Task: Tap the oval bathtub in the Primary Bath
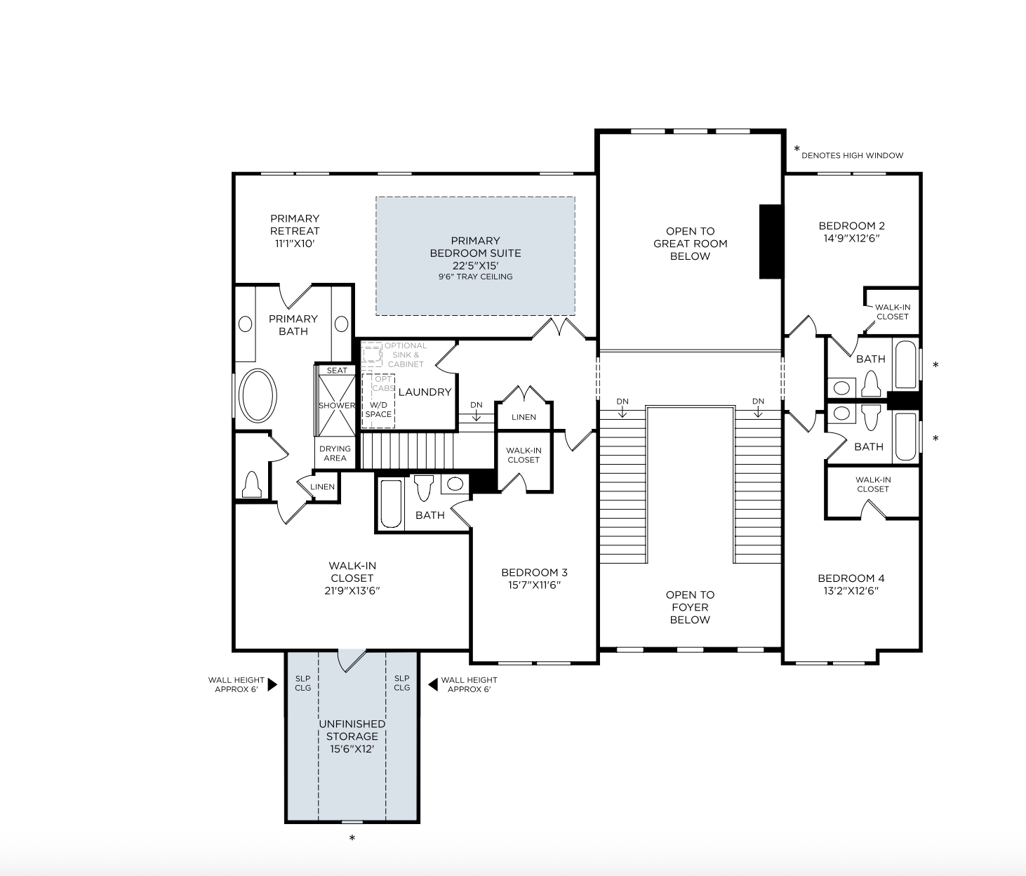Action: (258, 396)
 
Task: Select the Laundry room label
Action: (425, 392)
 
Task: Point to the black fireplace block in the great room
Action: (771, 241)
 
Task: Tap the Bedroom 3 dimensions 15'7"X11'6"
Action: (534, 585)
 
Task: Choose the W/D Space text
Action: (378, 410)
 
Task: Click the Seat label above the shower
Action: (337, 371)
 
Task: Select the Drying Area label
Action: (335, 453)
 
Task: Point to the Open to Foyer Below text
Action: (690, 607)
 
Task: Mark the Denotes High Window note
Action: (852, 155)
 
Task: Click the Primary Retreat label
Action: (295, 231)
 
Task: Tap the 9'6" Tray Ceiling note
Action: (476, 277)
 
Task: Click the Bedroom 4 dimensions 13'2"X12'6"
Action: (851, 590)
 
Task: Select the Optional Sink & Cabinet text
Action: (406, 354)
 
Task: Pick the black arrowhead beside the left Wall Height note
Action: (272, 685)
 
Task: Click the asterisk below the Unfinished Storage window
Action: (352, 838)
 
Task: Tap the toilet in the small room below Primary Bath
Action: (252, 484)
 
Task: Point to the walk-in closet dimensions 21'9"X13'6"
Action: (352, 590)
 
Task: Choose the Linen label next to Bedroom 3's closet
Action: (524, 417)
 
